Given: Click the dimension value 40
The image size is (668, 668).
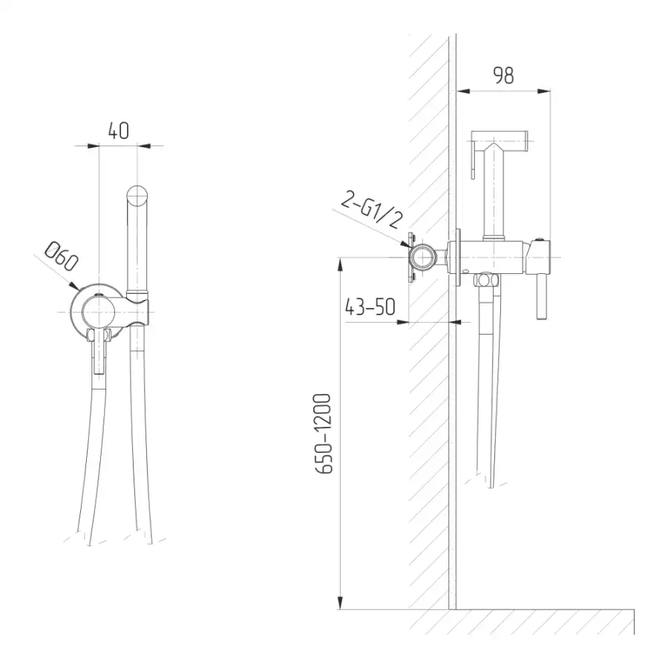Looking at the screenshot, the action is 119,131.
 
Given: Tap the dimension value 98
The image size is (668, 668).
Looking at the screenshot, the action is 503,76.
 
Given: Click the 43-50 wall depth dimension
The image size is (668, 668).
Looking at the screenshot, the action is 370,307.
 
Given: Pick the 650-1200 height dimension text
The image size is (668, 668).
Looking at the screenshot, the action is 323,433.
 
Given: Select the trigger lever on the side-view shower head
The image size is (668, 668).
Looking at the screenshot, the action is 473,160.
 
